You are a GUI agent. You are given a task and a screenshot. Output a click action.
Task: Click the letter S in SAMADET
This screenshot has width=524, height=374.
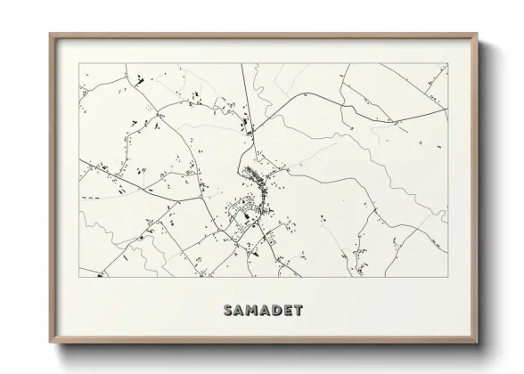[x=222, y=311]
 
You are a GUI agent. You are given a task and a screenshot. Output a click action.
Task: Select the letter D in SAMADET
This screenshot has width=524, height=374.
[x=274, y=311]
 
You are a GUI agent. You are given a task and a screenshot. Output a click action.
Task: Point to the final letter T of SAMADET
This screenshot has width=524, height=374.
[x=298, y=311]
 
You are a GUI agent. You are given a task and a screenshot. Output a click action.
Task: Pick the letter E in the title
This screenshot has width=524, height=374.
[x=286, y=311]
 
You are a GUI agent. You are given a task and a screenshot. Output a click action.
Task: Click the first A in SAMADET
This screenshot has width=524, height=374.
[x=234, y=311]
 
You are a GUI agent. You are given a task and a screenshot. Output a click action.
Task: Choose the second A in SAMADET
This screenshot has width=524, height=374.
[x=262, y=311]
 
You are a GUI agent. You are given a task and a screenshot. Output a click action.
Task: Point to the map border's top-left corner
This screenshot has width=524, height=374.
[x=79, y=63]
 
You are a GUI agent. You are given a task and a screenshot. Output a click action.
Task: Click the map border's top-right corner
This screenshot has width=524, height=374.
[x=447, y=63]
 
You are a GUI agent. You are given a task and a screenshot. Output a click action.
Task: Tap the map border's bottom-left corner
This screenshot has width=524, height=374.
[x=79, y=278]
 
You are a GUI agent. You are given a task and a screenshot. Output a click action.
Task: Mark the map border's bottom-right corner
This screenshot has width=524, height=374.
[x=447, y=278]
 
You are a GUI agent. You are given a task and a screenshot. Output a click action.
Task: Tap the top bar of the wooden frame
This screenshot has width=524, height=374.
[x=263, y=37]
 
